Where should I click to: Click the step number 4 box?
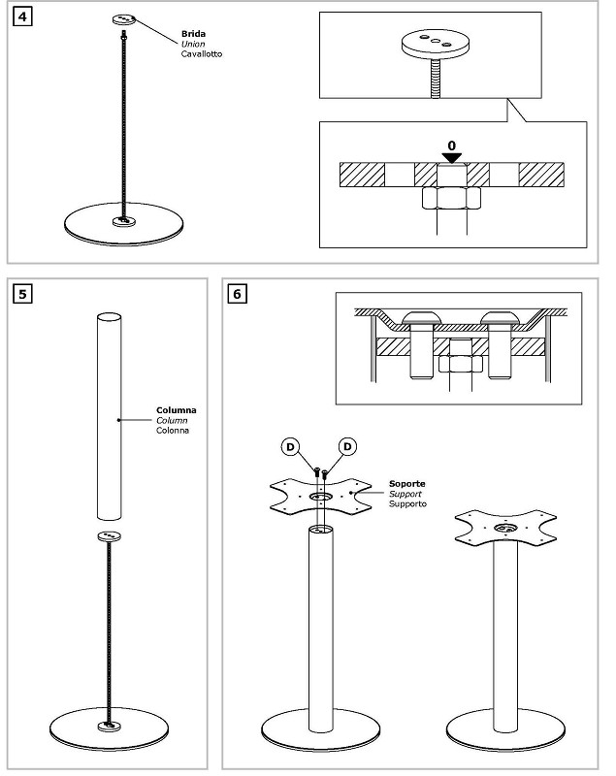22,17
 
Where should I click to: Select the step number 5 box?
22,294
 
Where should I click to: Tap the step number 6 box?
237,294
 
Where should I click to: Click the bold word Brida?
193,34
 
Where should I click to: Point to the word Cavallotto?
202,54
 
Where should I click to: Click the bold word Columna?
177,410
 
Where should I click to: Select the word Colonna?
173,431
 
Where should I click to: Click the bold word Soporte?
406,484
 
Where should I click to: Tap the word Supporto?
407,503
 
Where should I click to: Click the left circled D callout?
290,447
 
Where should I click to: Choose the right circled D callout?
348,447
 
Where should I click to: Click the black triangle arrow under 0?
452,158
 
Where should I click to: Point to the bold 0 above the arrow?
452,146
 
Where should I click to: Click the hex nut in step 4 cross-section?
451,198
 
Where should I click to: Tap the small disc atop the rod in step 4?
124,19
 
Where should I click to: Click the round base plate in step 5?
109,729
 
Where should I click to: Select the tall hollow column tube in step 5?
109,417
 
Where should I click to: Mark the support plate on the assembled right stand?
505,528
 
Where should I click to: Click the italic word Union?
193,44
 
